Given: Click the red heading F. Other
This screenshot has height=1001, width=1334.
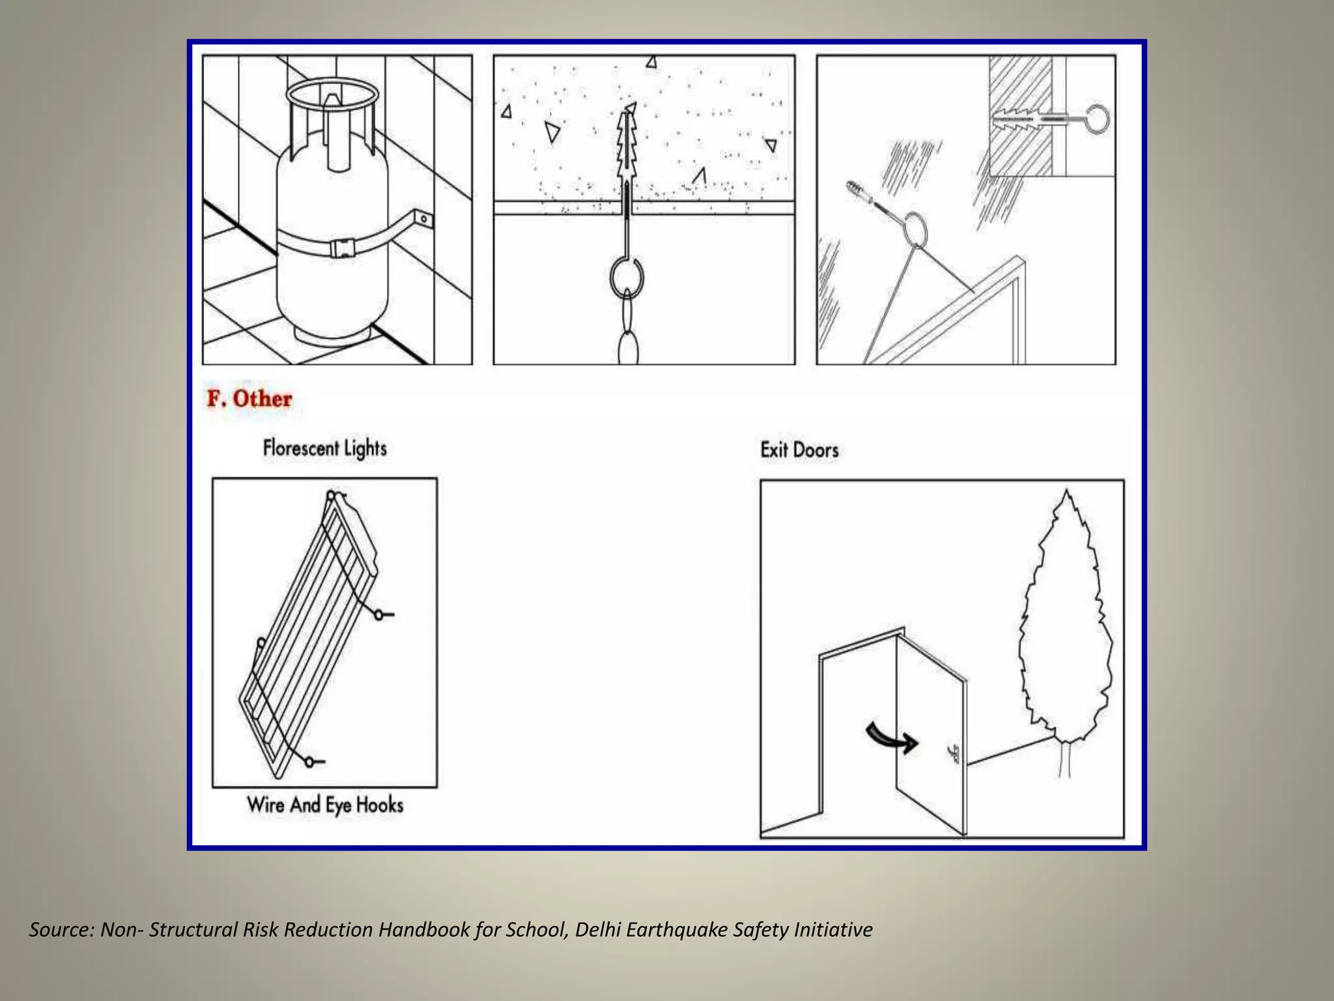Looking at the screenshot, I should pyautogui.click(x=249, y=399).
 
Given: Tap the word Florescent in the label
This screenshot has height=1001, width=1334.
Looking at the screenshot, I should pyautogui.click(x=301, y=448).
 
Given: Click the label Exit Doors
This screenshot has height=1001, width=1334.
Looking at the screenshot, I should pyautogui.click(x=799, y=450).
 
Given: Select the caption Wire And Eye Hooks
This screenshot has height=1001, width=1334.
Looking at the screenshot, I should pyautogui.click(x=325, y=805).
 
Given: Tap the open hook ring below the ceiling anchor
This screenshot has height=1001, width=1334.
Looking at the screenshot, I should pyautogui.click(x=627, y=276).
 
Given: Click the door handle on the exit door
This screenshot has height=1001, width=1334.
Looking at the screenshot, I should pyautogui.click(x=955, y=754).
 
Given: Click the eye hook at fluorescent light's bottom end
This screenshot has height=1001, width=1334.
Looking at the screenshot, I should pyautogui.click(x=310, y=761).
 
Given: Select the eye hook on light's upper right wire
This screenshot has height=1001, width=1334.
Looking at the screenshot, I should pyautogui.click(x=379, y=614).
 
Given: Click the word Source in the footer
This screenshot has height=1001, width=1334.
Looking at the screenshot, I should pyautogui.click(x=62, y=929).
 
